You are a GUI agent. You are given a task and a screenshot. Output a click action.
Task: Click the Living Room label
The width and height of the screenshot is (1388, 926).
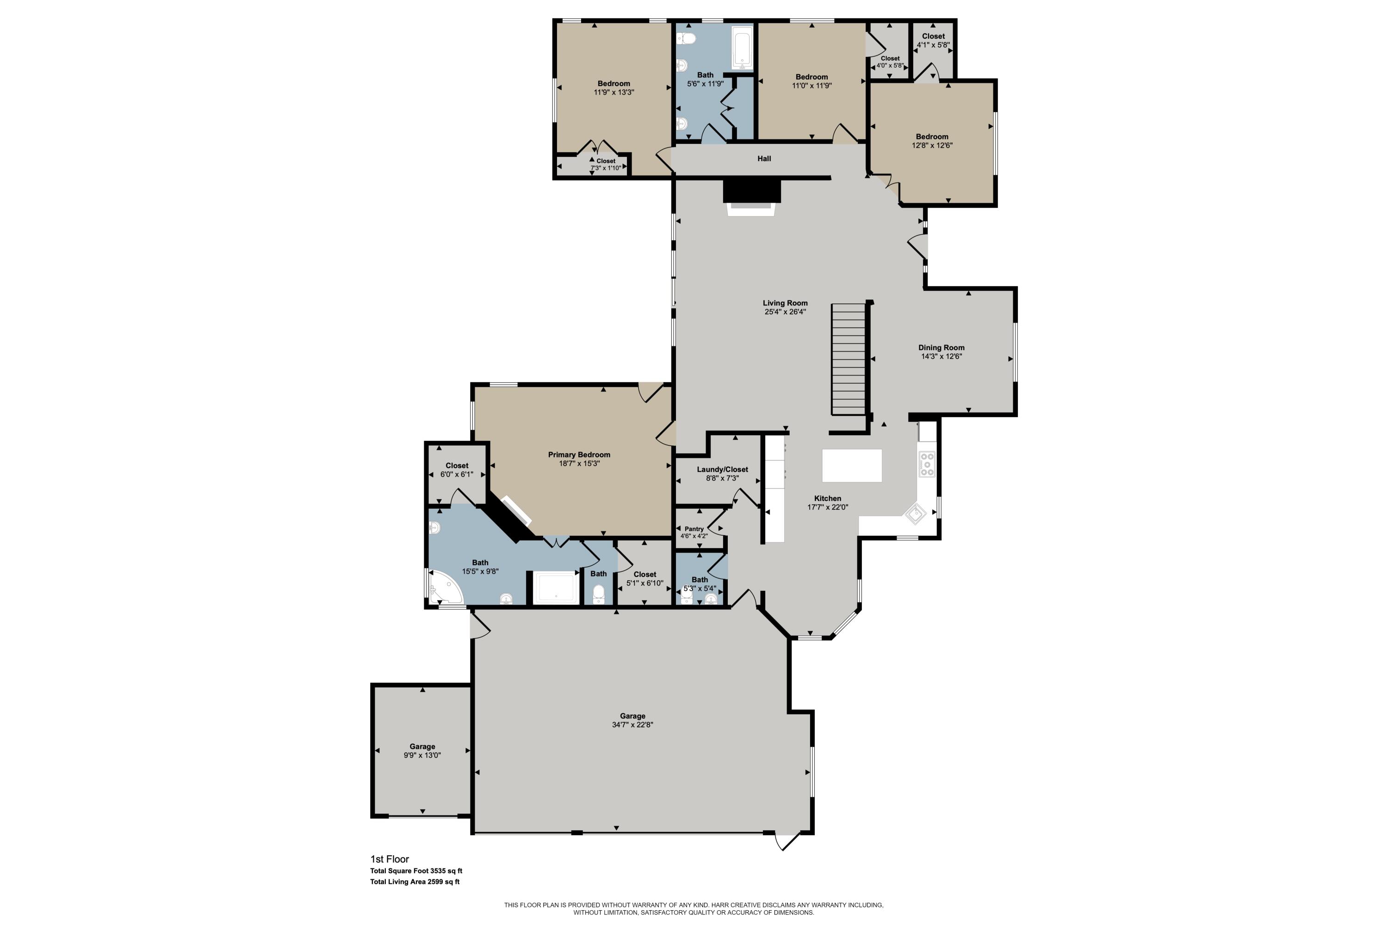click(x=785, y=303)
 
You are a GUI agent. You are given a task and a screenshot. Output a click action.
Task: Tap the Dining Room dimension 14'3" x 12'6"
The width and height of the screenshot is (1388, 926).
click(x=941, y=357)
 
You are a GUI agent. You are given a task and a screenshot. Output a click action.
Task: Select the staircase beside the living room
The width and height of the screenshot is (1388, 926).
click(x=849, y=359)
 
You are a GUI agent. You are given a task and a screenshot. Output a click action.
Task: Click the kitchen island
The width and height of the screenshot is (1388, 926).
click(x=852, y=465)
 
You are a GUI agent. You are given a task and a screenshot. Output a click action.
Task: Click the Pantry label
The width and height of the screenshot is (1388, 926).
click(x=694, y=529)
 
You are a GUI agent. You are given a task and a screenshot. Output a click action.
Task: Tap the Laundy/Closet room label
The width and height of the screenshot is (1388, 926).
click(x=722, y=469)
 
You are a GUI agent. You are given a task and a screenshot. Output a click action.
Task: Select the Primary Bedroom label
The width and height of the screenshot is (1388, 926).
click(x=579, y=455)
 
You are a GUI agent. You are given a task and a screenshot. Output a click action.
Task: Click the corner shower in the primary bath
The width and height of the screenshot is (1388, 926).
click(x=444, y=587)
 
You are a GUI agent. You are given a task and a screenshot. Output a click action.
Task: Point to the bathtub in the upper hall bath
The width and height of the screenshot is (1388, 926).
click(x=742, y=49)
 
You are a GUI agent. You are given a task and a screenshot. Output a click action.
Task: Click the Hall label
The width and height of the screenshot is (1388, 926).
click(x=764, y=159)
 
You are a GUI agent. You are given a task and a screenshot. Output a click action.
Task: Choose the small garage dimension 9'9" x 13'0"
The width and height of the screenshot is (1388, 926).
click(x=422, y=755)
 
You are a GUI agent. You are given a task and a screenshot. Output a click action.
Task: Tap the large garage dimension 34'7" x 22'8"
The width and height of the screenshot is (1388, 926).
click(x=632, y=725)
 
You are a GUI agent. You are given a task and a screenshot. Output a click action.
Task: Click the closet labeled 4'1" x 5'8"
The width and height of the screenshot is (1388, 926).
click(x=933, y=40)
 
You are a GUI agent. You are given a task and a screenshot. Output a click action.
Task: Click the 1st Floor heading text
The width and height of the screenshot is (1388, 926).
click(x=390, y=859)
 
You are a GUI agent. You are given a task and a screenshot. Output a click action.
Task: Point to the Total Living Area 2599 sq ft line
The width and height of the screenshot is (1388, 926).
click(x=415, y=882)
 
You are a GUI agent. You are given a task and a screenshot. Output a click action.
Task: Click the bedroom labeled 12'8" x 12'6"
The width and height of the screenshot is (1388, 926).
click(x=932, y=141)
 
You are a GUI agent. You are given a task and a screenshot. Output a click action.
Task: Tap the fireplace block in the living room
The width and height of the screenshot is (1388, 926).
click(x=752, y=191)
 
